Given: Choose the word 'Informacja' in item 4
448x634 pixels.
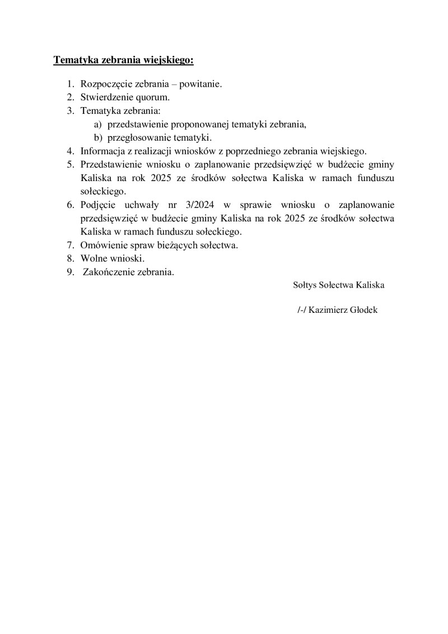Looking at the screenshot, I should click(x=101, y=151).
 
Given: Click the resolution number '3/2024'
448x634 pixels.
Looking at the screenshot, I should click(x=202, y=205).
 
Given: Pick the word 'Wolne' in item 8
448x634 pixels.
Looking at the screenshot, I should click(x=93, y=258).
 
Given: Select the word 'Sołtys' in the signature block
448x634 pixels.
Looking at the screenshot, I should click(x=305, y=285).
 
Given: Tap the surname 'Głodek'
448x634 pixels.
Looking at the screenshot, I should click(x=363, y=309).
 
